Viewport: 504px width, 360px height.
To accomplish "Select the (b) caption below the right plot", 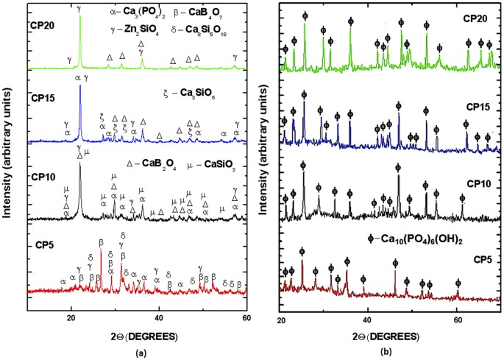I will (x=392, y=353).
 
